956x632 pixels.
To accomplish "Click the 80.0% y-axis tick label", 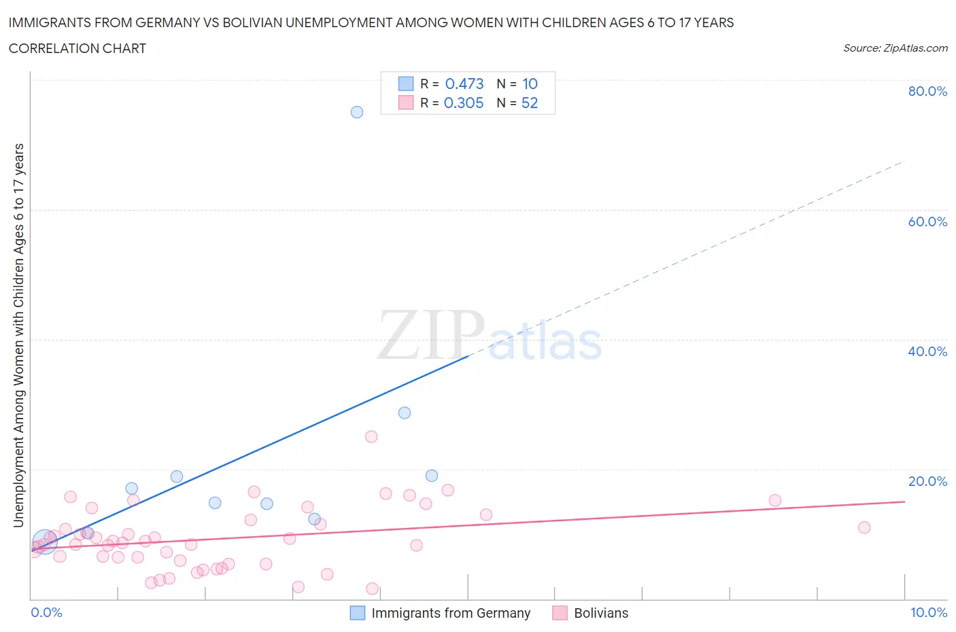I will point(927,91).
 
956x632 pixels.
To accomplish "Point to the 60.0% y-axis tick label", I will point(927,222).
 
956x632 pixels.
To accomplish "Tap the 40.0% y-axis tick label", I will point(927,351).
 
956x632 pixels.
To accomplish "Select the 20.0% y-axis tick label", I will point(927,481).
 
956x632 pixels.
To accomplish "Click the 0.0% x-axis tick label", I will point(46,612).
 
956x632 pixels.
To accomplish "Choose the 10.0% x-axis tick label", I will point(929,612).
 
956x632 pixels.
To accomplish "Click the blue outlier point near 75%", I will point(357,112).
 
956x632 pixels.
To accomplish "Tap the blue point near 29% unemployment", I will point(405,412).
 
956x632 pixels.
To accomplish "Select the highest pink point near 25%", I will point(371,436).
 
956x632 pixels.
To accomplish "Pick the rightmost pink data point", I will point(864,527).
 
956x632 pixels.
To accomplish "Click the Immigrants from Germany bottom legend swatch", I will point(358,613).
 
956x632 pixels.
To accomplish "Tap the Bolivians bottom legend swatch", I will point(560,613).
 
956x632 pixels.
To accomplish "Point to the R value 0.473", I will point(464,84).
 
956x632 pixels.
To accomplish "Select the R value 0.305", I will point(464,103).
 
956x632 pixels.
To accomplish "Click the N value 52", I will point(530,103).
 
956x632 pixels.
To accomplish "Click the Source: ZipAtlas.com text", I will point(895,48).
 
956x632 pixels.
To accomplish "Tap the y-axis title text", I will point(18,335).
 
